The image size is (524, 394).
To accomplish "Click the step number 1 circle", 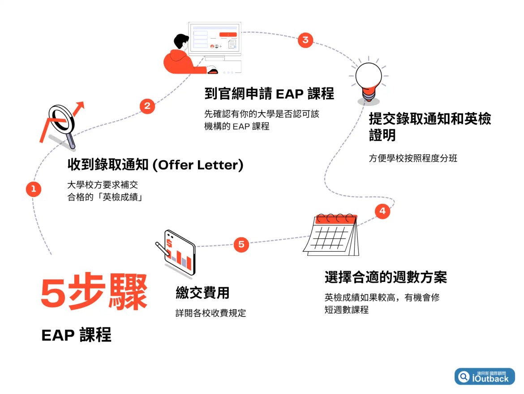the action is point(33,189).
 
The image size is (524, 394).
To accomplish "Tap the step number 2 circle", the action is point(147,106).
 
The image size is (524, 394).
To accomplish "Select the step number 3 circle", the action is point(305,39).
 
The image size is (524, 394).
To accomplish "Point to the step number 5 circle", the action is point(241,245).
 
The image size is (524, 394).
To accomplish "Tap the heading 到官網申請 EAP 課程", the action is point(269,94).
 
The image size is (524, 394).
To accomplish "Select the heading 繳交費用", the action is point(202,293).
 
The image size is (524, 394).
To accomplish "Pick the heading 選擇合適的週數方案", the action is point(386,277).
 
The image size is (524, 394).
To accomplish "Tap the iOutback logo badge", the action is point(485,376).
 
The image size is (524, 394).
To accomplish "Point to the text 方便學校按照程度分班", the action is point(413,158).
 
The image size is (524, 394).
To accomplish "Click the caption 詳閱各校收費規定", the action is point(210,313).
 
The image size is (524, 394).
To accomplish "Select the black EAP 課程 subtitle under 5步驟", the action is point(76,335).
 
